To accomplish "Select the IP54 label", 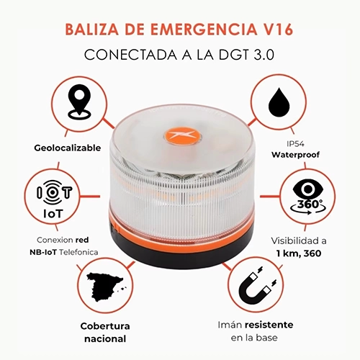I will [297, 143].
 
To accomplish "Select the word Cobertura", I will [99, 325].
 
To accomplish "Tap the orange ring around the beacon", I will [180, 227].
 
